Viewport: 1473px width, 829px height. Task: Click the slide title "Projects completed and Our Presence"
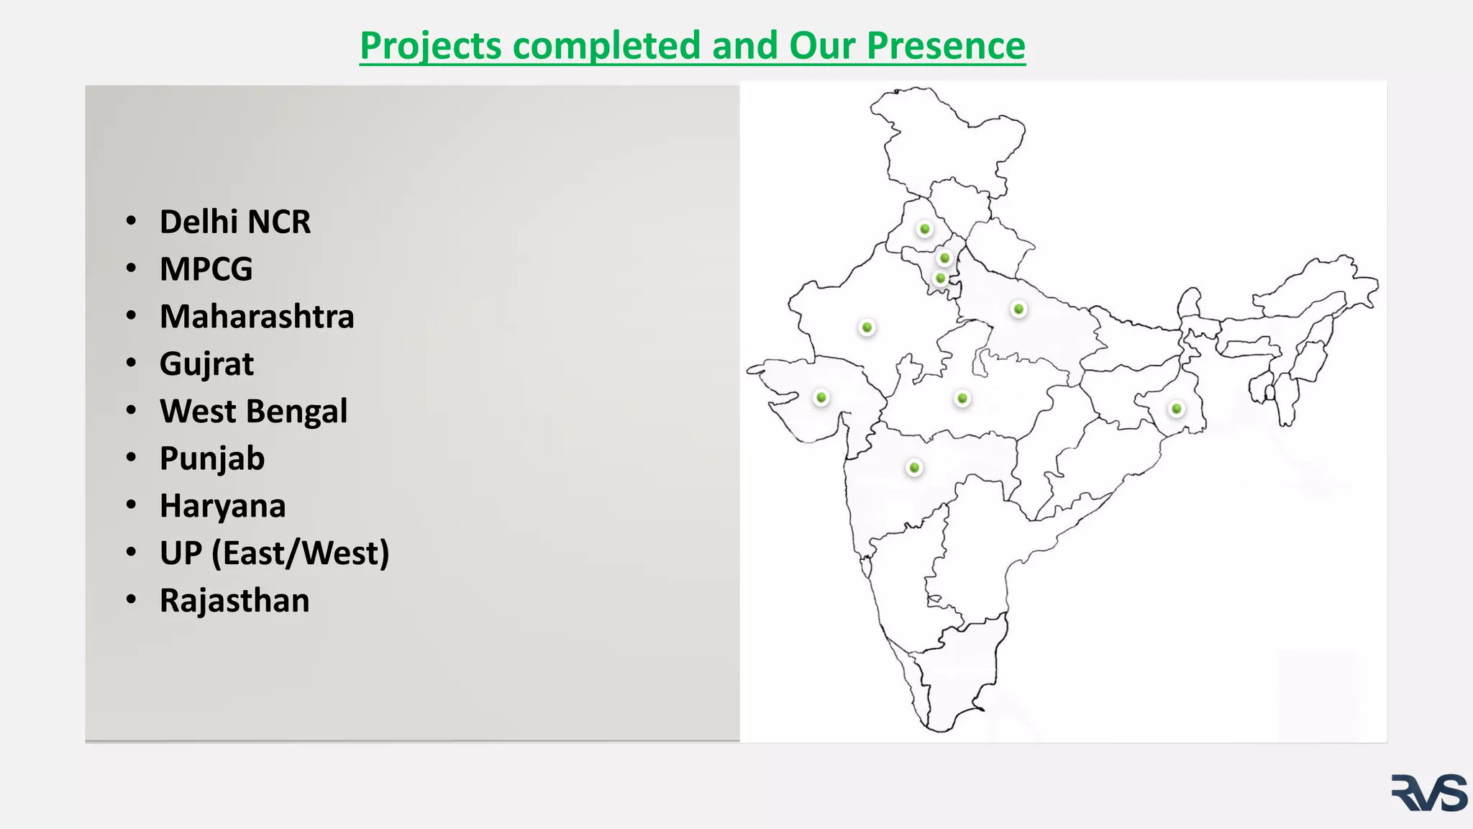(692, 45)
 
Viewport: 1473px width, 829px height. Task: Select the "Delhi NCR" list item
(235, 222)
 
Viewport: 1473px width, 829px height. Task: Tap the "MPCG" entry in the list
(206, 269)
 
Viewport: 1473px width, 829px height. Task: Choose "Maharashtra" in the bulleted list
(257, 317)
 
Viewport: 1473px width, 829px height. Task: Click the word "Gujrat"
(206, 364)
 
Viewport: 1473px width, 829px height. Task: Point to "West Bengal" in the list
(253, 412)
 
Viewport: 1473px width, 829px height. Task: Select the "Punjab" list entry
(212, 458)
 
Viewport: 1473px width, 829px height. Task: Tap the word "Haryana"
(222, 506)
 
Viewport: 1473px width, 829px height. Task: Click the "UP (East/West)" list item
(274, 553)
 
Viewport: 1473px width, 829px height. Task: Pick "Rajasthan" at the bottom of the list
(234, 601)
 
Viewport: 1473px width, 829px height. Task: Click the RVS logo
(1428, 793)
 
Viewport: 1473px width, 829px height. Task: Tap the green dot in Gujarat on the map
(821, 397)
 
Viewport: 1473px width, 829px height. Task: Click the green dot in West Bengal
(1176, 409)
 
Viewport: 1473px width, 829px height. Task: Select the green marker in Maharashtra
(914, 468)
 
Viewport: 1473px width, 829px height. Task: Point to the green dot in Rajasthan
(867, 327)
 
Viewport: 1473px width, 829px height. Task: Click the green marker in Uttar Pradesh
(1018, 309)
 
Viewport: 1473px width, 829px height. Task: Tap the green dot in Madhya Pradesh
(962, 398)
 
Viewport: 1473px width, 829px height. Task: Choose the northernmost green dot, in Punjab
(925, 229)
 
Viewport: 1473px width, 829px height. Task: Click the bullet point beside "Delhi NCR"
(131, 221)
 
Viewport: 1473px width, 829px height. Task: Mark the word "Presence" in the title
(946, 45)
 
